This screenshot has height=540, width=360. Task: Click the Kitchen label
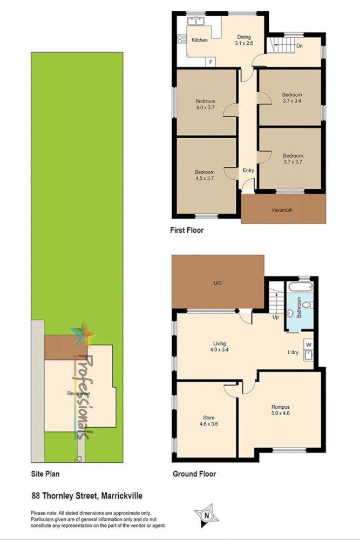pyautogui.click(x=200, y=40)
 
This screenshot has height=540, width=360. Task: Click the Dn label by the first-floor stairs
pyautogui.click(x=300, y=46)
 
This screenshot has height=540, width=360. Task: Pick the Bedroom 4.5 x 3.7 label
pyautogui.click(x=206, y=175)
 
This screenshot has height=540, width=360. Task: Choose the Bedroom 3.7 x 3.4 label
pyautogui.click(x=292, y=97)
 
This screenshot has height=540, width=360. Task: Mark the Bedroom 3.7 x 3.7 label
pyautogui.click(x=293, y=159)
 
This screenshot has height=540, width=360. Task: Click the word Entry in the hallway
pyautogui.click(x=248, y=171)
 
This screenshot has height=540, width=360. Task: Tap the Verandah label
pyautogui.click(x=282, y=210)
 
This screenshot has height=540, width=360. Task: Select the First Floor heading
pyautogui.click(x=187, y=231)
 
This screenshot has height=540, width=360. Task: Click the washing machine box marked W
pyautogui.click(x=309, y=343)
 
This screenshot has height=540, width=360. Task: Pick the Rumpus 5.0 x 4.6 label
pyautogui.click(x=281, y=410)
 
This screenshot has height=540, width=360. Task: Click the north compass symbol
pyautogui.click(x=206, y=515)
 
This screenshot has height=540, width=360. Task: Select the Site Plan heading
pyautogui.click(x=45, y=474)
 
